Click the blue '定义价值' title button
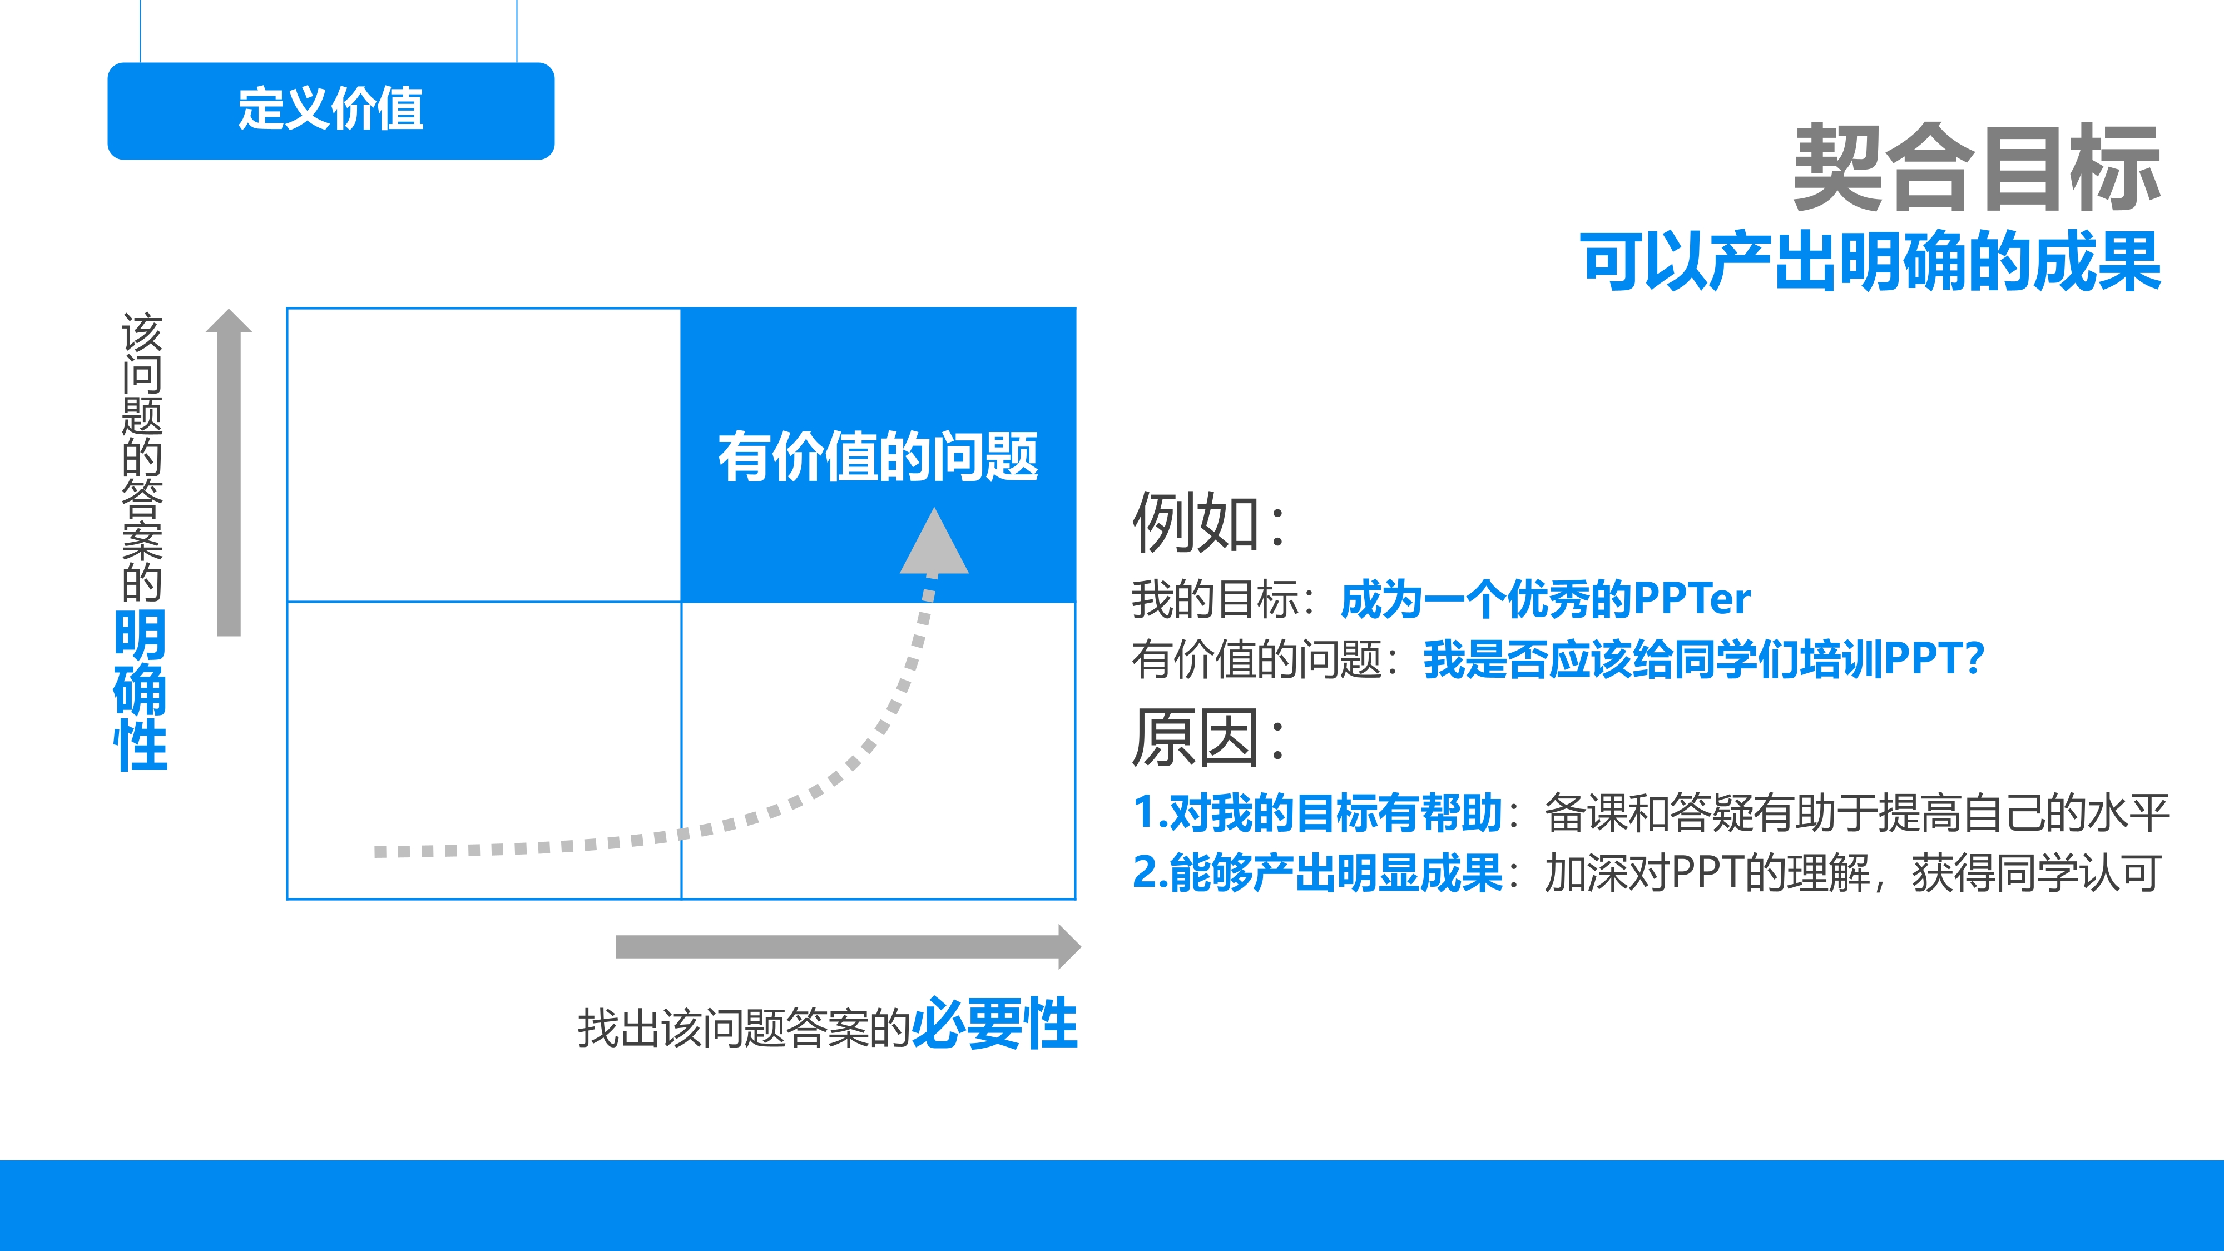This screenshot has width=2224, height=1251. (331, 111)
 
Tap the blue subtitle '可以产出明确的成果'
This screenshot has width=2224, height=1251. (1871, 261)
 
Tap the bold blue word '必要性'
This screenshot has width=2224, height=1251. (994, 1025)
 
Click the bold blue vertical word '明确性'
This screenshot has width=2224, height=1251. (141, 690)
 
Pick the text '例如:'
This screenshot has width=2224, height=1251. (1208, 522)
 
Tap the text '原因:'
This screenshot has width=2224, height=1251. (1208, 738)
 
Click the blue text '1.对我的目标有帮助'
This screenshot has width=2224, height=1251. (1317, 813)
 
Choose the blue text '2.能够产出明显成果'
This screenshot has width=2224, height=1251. (1317, 873)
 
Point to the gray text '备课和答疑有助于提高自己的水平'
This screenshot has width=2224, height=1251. (1856, 813)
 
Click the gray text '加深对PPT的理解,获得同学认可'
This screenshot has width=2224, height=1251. (1852, 873)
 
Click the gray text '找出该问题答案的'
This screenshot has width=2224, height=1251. (744, 1028)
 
